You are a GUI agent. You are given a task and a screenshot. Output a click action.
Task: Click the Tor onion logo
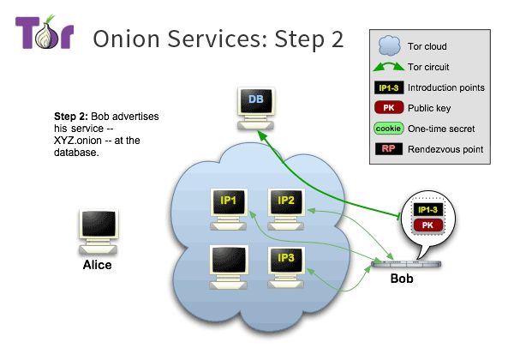pyautogui.click(x=45, y=36)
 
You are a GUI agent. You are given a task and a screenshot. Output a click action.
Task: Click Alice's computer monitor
pyautogui.click(x=96, y=228)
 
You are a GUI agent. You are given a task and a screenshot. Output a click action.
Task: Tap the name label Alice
pyautogui.click(x=97, y=265)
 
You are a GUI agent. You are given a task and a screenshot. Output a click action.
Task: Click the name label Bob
pyautogui.click(x=403, y=279)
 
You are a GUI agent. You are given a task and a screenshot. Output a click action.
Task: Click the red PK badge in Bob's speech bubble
pyautogui.click(x=427, y=225)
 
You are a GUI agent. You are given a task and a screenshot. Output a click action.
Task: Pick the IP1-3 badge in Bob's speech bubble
pyautogui.click(x=427, y=208)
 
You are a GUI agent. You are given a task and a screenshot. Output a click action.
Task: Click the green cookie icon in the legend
pyautogui.click(x=389, y=128)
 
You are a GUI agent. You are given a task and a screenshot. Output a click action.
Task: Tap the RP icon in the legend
pyautogui.click(x=389, y=148)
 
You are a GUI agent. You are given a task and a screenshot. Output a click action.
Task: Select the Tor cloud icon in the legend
pyautogui.click(x=389, y=45)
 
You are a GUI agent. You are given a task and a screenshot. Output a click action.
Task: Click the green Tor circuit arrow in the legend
pyautogui.click(x=389, y=67)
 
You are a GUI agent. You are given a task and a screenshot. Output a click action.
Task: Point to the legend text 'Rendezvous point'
pyautogui.click(x=445, y=148)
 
